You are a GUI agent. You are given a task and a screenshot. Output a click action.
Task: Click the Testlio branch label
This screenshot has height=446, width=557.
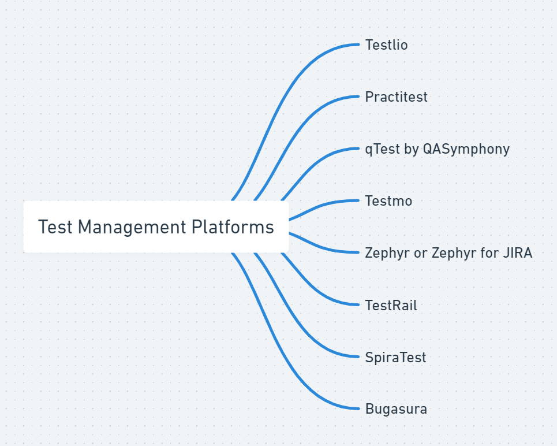tap(386, 45)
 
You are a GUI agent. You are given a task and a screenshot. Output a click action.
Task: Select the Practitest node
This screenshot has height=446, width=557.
tap(396, 97)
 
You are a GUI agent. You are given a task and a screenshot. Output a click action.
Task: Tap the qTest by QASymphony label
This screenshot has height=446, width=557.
tap(437, 149)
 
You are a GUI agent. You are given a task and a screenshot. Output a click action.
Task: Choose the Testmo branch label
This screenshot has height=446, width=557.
tap(388, 201)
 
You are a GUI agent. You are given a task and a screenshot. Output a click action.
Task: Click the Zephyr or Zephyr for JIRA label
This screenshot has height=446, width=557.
tap(448, 253)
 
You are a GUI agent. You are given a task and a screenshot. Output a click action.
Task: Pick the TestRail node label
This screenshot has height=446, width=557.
tap(391, 305)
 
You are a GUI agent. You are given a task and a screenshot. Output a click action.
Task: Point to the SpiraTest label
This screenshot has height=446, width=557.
tap(395, 357)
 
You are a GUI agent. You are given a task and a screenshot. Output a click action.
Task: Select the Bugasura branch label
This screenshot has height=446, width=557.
tap(396, 409)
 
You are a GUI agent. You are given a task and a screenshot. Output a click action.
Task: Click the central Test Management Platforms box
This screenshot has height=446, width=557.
tap(156, 227)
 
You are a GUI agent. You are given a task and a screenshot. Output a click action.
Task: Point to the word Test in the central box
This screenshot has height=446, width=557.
tap(55, 227)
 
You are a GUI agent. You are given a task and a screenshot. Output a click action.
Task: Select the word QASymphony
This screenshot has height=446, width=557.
tap(466, 149)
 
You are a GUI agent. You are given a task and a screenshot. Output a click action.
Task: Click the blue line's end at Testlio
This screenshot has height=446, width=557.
tap(358, 44)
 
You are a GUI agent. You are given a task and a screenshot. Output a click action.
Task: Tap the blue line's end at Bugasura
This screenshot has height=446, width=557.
tap(358, 408)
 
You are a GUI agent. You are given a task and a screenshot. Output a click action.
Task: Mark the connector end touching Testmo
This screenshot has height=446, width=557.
tap(358, 200)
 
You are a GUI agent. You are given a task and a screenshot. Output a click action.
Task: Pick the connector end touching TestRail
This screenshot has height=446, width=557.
tap(358, 304)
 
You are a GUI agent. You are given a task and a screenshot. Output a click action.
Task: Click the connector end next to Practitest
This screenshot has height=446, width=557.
tap(358, 96)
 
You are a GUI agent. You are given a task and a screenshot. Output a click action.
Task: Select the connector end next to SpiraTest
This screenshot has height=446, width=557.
tap(358, 356)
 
